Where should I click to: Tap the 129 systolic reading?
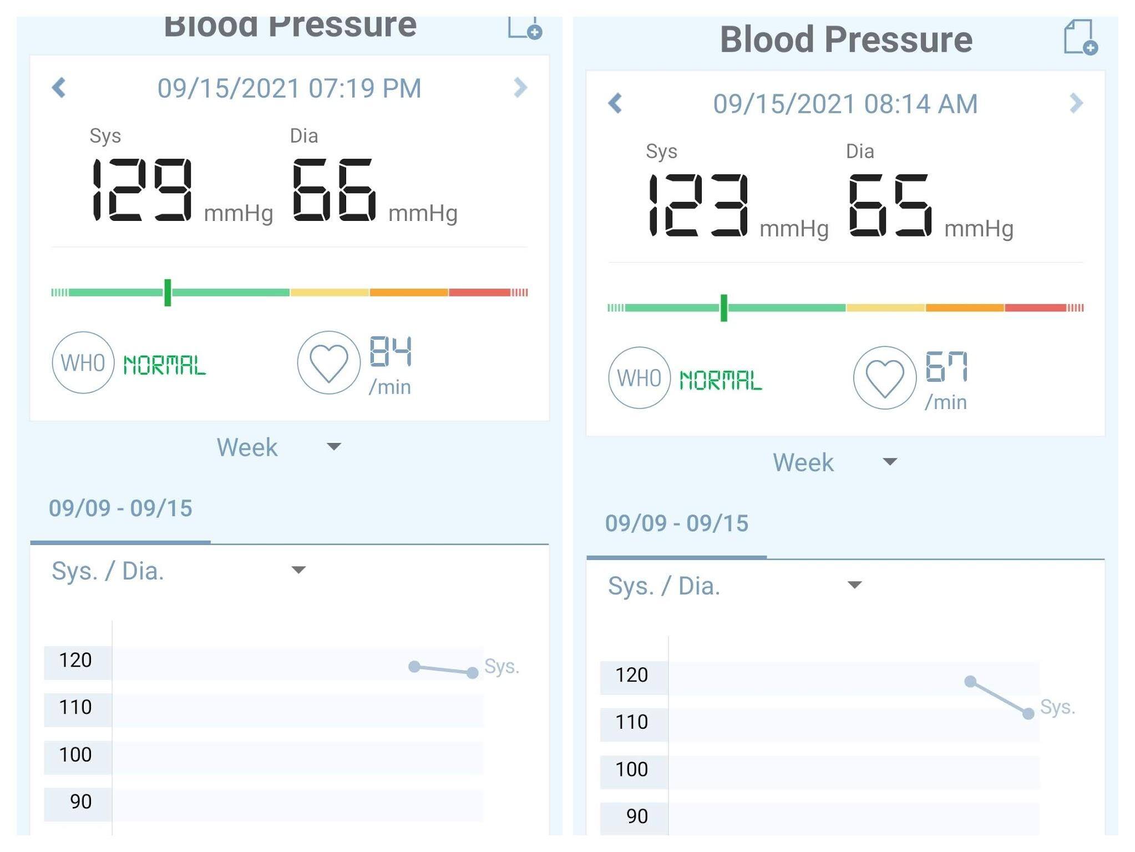pos(142,190)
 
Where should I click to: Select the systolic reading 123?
pos(698,205)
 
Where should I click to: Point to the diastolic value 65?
pos(890,205)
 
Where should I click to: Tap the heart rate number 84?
pos(391,351)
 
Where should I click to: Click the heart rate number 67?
pos(946,367)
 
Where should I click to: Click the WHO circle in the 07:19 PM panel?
pos(83,363)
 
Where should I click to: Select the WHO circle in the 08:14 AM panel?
pos(639,379)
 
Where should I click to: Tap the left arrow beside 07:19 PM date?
pos(59,88)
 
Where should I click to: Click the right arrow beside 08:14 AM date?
pos(1076,103)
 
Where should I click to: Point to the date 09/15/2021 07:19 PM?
pos(289,88)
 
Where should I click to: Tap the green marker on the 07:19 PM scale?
pos(168,293)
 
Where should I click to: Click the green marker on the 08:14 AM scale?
pos(723,308)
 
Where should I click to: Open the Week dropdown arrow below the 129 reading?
pos(334,447)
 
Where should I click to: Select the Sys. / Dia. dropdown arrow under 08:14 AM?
pos(855,585)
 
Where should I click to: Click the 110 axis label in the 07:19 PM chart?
pos(75,707)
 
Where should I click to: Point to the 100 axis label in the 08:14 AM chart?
pos(632,769)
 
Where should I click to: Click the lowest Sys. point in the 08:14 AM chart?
pos(1028,714)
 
